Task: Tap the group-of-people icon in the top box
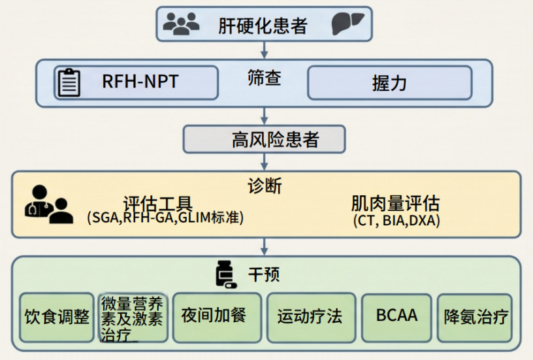[x=181, y=24]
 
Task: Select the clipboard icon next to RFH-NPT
[x=69, y=82]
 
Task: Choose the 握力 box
[x=389, y=83]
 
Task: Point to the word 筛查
[x=264, y=78]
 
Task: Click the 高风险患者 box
[x=265, y=139]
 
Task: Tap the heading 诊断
[x=265, y=186]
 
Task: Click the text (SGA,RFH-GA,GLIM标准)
[x=165, y=218]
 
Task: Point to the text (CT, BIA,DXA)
[x=396, y=221]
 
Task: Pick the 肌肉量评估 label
[x=395, y=203]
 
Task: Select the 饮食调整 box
[x=57, y=317]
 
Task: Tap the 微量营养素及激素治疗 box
[x=133, y=318]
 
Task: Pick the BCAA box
[x=396, y=317]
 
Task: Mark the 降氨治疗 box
[x=475, y=317]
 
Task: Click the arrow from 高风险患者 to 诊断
[x=265, y=161]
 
